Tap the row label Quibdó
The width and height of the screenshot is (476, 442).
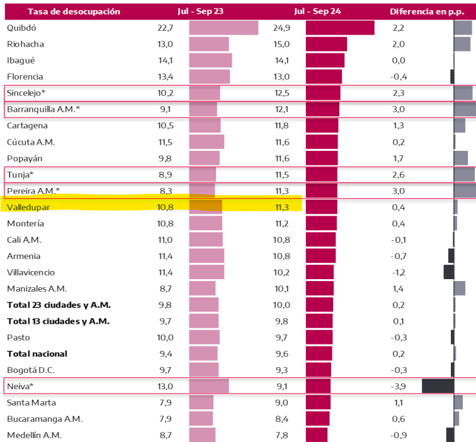pyautogui.click(x=22, y=27)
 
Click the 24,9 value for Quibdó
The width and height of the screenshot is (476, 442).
pyautogui.click(x=283, y=27)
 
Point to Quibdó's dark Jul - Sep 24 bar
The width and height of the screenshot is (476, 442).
pyautogui.click(x=340, y=28)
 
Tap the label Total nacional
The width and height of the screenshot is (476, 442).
pyautogui.click(x=37, y=353)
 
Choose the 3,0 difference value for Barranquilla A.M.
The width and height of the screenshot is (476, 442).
pyautogui.click(x=399, y=109)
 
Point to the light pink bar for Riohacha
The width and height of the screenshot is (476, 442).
pyautogui.click(x=209, y=44)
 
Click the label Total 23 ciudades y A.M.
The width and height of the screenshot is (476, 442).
pyautogui.click(x=59, y=304)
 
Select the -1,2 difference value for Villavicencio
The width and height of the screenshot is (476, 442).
pyautogui.click(x=399, y=272)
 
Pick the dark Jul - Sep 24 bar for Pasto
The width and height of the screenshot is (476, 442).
pyautogui.click(x=319, y=337)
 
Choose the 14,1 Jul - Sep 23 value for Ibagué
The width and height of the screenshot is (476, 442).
pyautogui.click(x=166, y=60)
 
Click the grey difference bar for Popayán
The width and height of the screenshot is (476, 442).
pyautogui.click(x=460, y=158)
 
